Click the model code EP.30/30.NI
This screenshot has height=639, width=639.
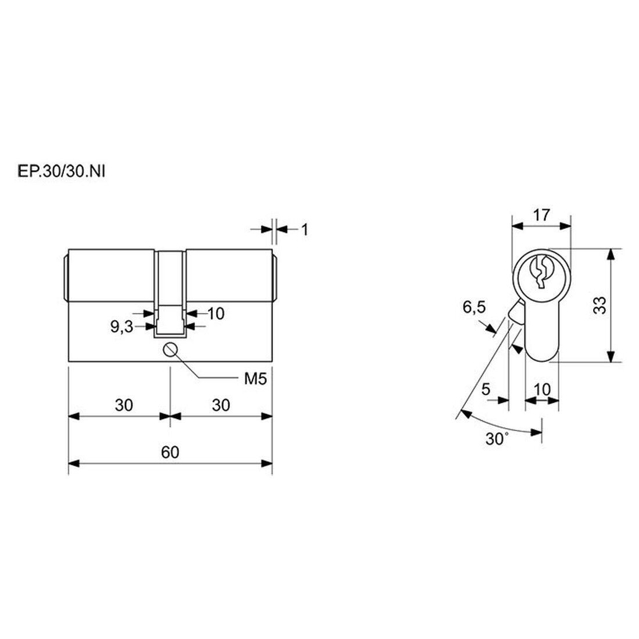[x=62, y=171]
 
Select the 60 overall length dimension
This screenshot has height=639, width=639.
[x=170, y=453]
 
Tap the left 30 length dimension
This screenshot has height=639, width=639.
[x=124, y=405]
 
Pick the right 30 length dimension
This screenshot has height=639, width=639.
[x=221, y=405]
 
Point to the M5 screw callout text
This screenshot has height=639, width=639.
[x=255, y=379]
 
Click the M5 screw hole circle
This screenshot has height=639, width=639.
[x=170, y=350]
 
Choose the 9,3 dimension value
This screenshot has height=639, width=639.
[x=122, y=326]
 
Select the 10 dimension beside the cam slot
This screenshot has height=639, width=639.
[x=216, y=313]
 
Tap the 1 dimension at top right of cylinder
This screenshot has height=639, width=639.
[x=304, y=230]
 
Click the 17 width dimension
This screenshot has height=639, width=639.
[x=541, y=215]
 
